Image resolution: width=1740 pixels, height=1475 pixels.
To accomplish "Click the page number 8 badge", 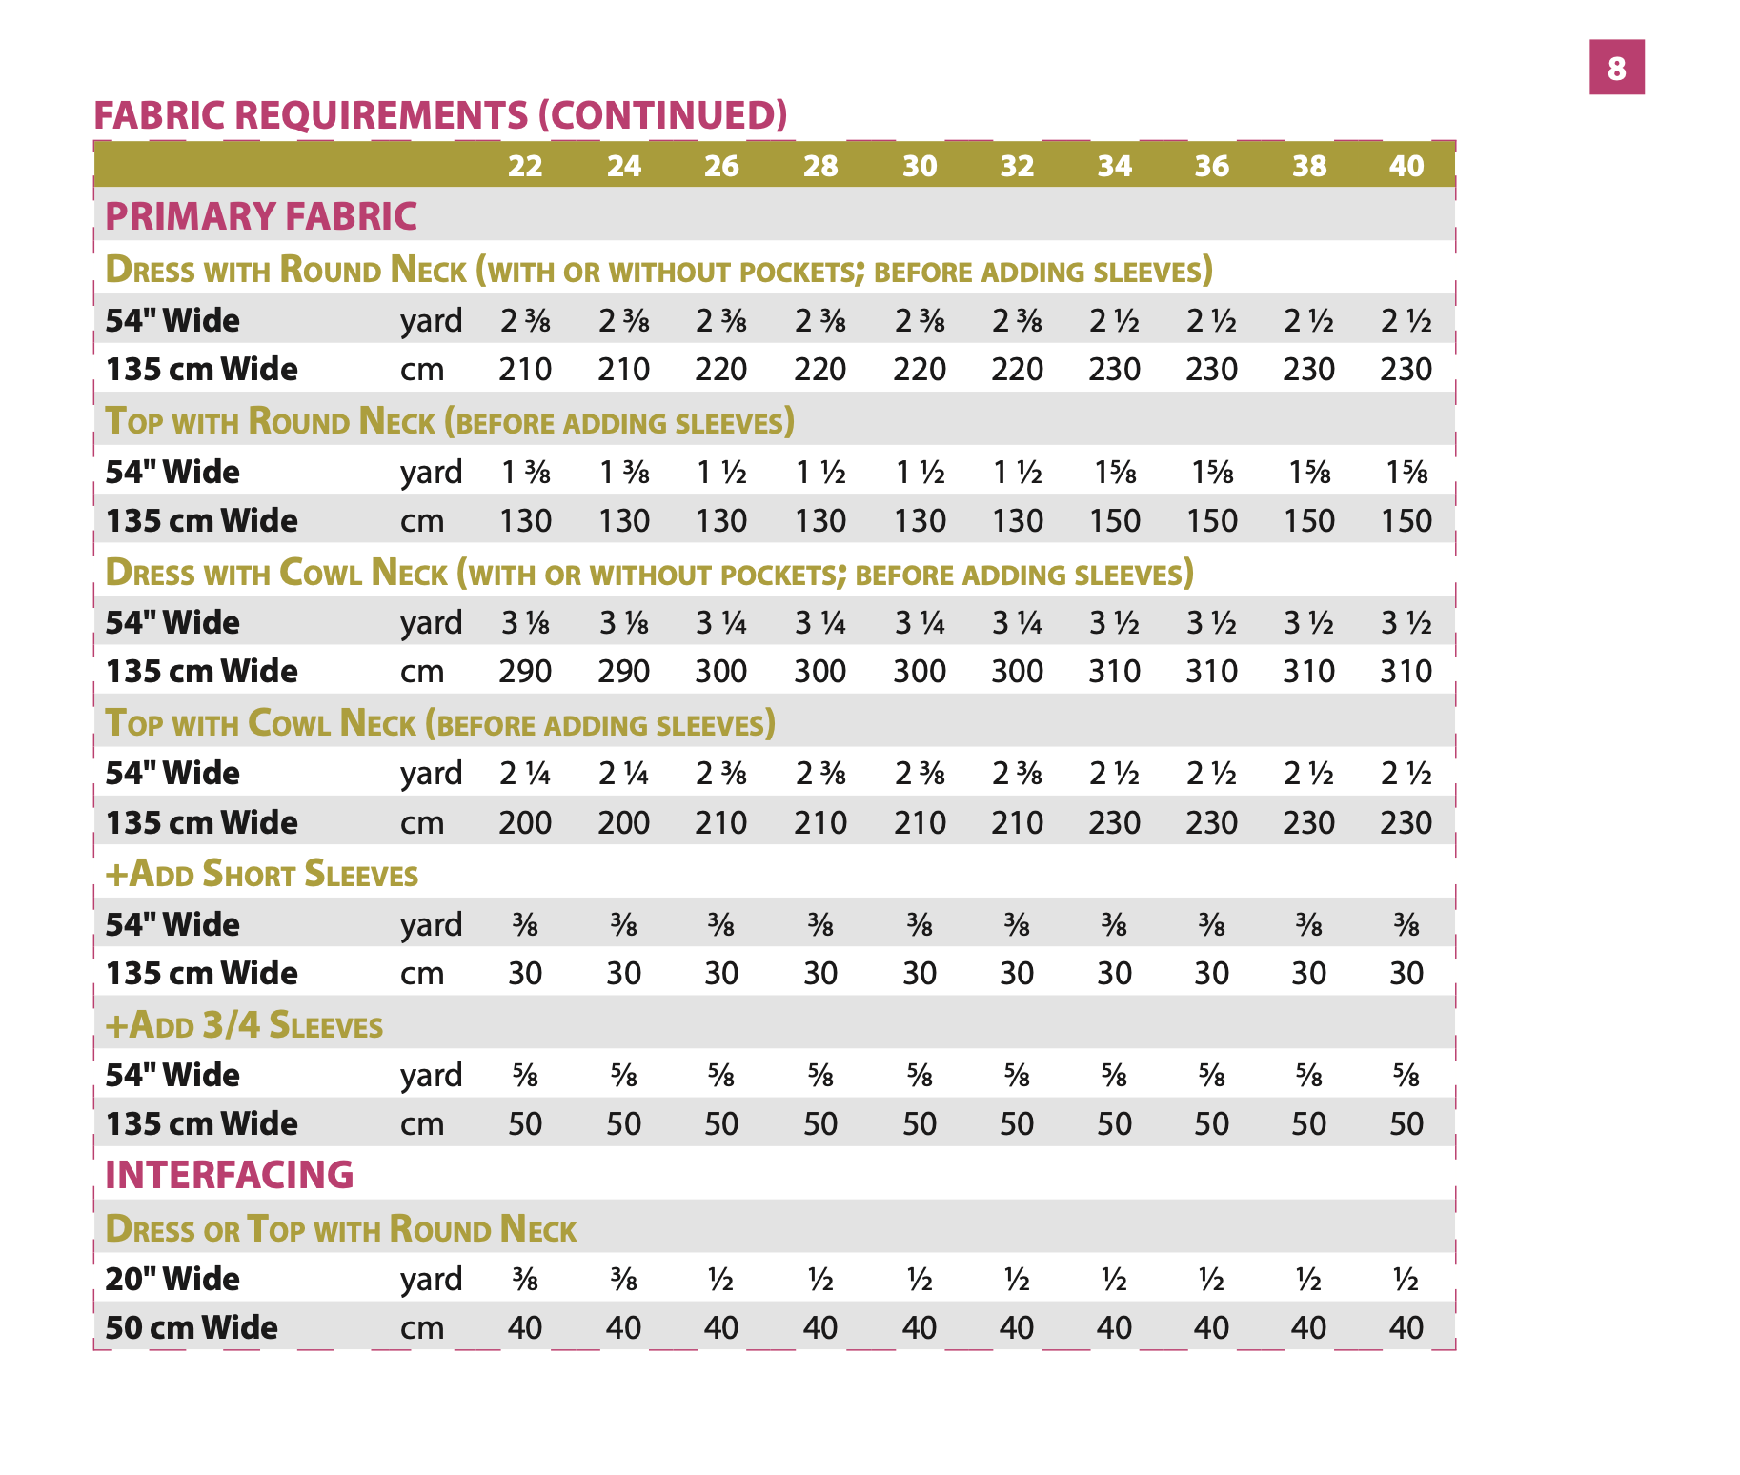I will click(1616, 68).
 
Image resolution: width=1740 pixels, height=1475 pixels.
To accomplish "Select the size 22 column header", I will click(524, 166).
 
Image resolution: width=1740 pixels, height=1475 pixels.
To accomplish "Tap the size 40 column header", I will click(1406, 166).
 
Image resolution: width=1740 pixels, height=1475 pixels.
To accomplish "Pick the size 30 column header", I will click(920, 166).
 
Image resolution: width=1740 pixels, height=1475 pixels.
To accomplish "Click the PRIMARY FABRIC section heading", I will click(261, 216).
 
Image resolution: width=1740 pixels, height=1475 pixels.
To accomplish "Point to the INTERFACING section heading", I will click(230, 1175).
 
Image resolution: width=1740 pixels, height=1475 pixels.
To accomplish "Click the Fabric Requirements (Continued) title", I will click(440, 115).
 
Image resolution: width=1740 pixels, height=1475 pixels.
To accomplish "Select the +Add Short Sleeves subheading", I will click(262, 874).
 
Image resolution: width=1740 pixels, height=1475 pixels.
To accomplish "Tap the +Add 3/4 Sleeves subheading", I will click(245, 1025).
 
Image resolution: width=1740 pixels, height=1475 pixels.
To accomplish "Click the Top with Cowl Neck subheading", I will click(440, 723).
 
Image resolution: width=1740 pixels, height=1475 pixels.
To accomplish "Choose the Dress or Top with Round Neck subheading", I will click(340, 1229).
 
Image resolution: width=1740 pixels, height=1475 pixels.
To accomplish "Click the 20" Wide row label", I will click(172, 1279).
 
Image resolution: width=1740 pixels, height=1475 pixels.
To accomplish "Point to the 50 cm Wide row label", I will click(192, 1327).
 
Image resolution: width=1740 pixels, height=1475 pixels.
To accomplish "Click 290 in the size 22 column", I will click(525, 672).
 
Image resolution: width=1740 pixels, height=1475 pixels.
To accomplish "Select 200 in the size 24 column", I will click(623, 822).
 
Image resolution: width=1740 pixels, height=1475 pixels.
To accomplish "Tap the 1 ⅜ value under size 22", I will click(525, 473).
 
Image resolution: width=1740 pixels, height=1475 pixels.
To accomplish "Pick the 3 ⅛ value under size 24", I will click(623, 623).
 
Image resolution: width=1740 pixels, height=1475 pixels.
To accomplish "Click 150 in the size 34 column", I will click(1114, 521).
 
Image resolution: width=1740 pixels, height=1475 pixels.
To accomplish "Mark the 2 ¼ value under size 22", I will click(525, 774).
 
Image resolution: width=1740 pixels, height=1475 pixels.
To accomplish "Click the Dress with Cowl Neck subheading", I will click(648, 573).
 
